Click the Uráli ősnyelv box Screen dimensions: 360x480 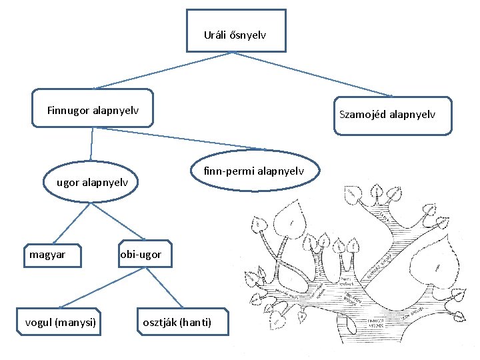pos(236,31)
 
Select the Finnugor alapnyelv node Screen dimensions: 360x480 pos(93,108)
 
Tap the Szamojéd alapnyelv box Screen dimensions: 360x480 pos(387,115)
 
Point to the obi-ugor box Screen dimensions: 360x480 pos(142,255)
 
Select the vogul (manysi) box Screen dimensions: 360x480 pos(61,323)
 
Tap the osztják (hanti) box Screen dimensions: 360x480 pos(177,323)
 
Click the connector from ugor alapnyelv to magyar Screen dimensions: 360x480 pos(69,224)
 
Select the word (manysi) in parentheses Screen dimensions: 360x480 pos(76,323)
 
